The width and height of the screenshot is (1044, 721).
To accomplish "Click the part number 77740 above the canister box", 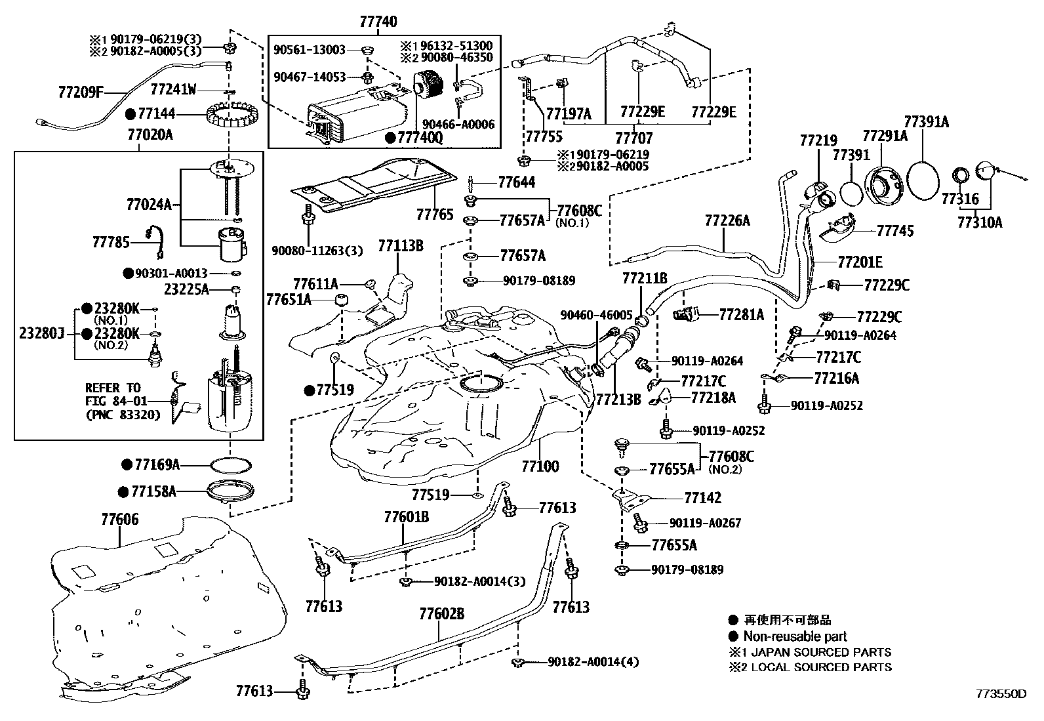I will pyautogui.click(x=378, y=22).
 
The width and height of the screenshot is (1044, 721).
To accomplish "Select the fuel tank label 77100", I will pyautogui.click(x=540, y=466).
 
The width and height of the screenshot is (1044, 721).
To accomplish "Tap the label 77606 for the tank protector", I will pyautogui.click(x=119, y=519).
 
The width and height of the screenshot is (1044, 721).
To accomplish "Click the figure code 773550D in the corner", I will pyautogui.click(x=1001, y=693).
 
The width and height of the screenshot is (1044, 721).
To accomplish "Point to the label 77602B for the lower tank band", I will pyautogui.click(x=442, y=614).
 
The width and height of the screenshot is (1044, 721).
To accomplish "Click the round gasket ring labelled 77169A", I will pyautogui.click(x=231, y=465).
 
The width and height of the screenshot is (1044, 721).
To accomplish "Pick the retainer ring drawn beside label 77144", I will pyautogui.click(x=230, y=118).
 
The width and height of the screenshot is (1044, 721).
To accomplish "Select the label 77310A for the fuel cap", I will pyautogui.click(x=980, y=222).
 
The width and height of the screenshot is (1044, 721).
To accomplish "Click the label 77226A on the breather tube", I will pyautogui.click(x=727, y=220).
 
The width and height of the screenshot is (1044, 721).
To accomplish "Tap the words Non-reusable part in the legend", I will pyautogui.click(x=795, y=636).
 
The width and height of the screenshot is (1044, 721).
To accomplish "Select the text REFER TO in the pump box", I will pyautogui.click(x=113, y=387).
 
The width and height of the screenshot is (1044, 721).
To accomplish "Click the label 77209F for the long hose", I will pyautogui.click(x=77, y=91).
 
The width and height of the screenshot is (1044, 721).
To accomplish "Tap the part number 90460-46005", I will pyautogui.click(x=596, y=315).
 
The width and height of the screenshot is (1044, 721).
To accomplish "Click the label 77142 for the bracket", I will pyautogui.click(x=702, y=498).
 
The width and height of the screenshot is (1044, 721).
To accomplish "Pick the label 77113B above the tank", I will pyautogui.click(x=400, y=246).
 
